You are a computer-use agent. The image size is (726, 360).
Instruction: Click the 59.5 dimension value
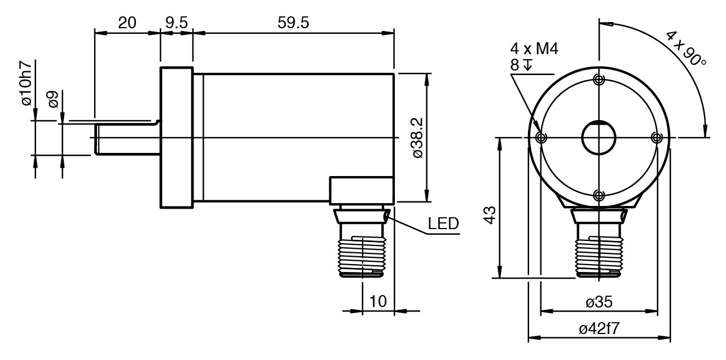pos(293,23)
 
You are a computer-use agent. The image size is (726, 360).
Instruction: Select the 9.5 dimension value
pos(177,23)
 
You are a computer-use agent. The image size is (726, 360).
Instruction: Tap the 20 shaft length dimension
pos(127,23)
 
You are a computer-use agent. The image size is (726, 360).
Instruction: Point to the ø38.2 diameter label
pos(418,138)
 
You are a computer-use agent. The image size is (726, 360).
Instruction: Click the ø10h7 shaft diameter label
pos(27,83)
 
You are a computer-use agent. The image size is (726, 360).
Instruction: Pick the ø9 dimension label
pos(53,99)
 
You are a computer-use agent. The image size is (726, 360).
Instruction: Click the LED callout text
pos(443,223)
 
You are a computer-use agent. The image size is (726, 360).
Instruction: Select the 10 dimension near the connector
pos(378,301)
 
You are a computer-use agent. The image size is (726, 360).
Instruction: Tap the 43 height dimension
pos(490,215)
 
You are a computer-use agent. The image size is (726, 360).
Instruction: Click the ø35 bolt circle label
pos(599,302)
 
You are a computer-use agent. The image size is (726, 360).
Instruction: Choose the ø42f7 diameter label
pos(599,329)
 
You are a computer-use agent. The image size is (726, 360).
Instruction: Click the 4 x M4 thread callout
pos(534,49)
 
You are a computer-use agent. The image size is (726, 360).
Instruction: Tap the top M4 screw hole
pos(599,80)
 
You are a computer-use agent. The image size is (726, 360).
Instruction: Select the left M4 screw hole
pos(541,138)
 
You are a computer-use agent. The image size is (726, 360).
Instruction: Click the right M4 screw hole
pos(657,138)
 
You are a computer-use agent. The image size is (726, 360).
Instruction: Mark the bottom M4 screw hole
pos(599,196)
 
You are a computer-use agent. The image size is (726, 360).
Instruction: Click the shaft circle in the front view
pos(599,121)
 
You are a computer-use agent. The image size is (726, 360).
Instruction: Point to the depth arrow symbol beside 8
pos(528,64)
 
